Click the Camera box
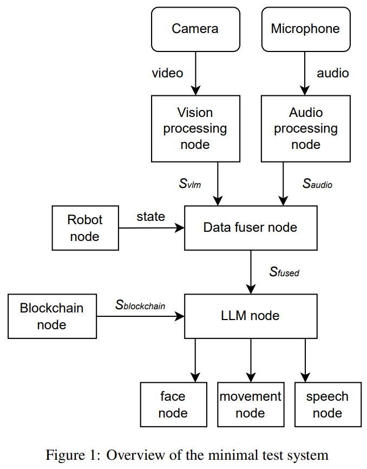coord(195,29)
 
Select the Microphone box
coord(305,29)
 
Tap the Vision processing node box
coord(195,128)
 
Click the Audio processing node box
coord(305,128)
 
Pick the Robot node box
coord(85,228)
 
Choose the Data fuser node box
coord(250,227)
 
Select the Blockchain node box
coord(52,316)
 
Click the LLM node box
coord(250,316)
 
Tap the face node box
coord(173,405)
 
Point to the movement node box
coord(250,405)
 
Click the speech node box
coord(327,405)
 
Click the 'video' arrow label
coord(167,73)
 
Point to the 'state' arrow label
coord(150,217)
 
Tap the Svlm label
coord(190,184)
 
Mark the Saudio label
coord(317,184)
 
